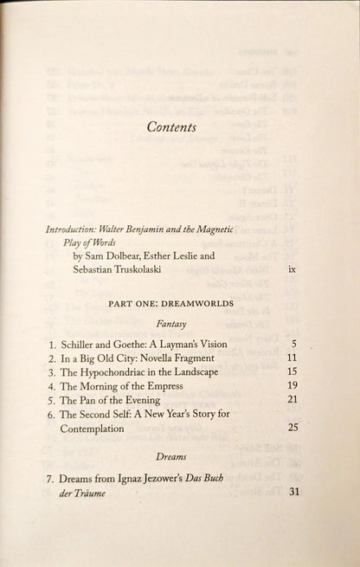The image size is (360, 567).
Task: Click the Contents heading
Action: point(170,127)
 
